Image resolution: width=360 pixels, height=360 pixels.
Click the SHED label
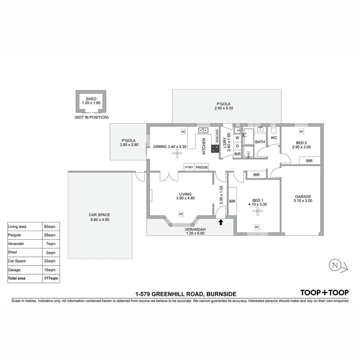(x=91, y=99)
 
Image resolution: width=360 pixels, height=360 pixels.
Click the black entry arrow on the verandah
(x=221, y=222)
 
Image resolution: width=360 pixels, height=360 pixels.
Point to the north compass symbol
(x=335, y=265)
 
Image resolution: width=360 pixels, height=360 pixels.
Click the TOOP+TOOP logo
(x=324, y=293)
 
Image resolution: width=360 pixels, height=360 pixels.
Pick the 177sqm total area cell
(x=51, y=278)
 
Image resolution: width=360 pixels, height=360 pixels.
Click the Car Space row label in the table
(x=17, y=261)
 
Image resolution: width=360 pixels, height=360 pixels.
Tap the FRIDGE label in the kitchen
(x=202, y=167)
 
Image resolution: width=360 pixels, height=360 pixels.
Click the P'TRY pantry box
(x=189, y=167)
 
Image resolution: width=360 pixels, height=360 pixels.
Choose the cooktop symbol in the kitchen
(x=215, y=149)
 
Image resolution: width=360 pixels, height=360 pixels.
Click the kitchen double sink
(x=203, y=130)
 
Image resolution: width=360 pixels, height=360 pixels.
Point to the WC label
(x=274, y=138)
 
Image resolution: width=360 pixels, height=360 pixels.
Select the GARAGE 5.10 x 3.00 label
(x=303, y=199)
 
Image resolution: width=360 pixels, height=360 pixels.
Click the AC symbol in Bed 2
(x=301, y=132)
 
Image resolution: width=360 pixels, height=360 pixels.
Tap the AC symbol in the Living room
(x=181, y=214)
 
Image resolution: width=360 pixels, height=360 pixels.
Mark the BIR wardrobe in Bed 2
(x=309, y=161)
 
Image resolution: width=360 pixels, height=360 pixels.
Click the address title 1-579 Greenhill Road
(x=186, y=294)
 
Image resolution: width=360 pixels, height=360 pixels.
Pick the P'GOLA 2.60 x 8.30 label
(x=223, y=106)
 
